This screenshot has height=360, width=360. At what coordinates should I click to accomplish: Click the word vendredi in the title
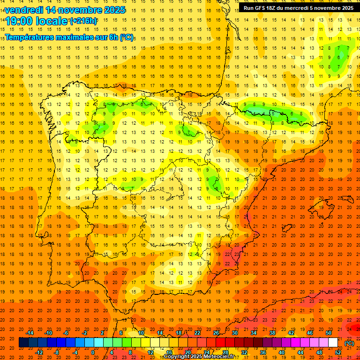pyautogui.click(x=23, y=10)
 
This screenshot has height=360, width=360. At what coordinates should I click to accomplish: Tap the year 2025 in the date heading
pyautogui.click(x=112, y=10)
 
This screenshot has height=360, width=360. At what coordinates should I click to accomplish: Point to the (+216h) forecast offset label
pyautogui.click(x=83, y=21)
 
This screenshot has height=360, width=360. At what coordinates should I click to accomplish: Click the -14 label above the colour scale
pyautogui.click(x=30, y=333)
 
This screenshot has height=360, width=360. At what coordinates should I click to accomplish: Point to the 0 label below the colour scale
pyautogui.click(x=92, y=352)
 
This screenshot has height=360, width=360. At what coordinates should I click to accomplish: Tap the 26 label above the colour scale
pyautogui.click(x=216, y=333)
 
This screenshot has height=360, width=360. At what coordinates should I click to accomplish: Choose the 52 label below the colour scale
pyautogui.click(x=338, y=352)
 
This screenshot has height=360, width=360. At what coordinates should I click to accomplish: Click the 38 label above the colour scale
pyautogui.click(x=272, y=333)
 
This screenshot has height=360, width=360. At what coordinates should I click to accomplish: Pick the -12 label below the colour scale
pyautogui.click(x=39, y=352)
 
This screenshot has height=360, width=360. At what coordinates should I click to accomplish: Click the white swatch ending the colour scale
pyautogui.click(x=333, y=343)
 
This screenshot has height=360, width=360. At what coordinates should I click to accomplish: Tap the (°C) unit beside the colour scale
pyautogui.click(x=349, y=343)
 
